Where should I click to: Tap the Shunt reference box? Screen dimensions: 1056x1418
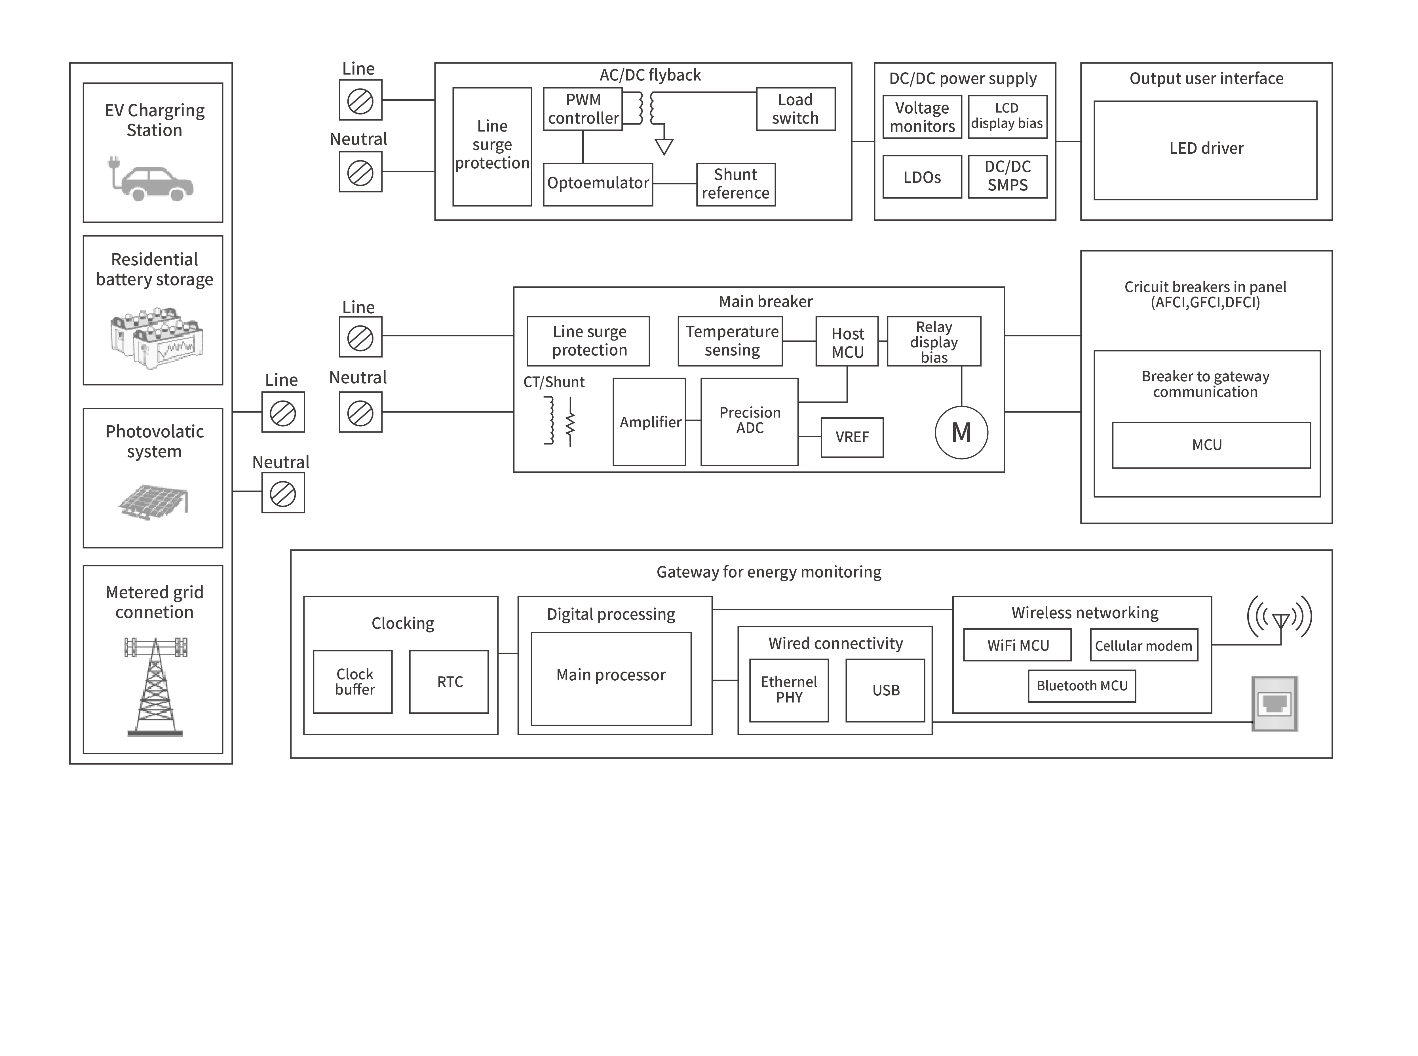pyautogui.click(x=735, y=184)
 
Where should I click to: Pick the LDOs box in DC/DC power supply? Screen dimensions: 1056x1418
pyautogui.click(x=922, y=177)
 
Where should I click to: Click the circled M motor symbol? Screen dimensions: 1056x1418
pyautogui.click(x=961, y=433)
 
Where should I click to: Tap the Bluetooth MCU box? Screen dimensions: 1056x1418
pyautogui.click(x=1082, y=686)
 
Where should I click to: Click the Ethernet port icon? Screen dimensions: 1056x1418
pyautogui.click(x=1274, y=704)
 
